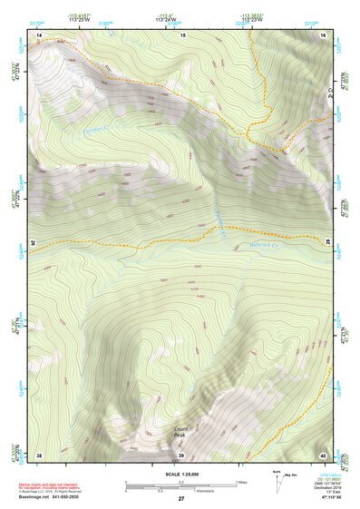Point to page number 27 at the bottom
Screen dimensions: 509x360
pos(181,499)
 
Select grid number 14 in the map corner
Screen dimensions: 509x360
pos(39,34)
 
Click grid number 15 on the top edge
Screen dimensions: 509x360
pos(181,34)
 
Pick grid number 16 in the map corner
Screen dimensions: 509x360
pos(323,34)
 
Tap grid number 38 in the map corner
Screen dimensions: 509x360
pos(39,454)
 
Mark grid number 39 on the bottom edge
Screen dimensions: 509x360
pos(180,454)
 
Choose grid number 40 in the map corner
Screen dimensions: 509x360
pos(323,454)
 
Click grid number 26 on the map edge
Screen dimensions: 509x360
pos(34,243)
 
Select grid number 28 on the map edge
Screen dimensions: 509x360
pos(327,243)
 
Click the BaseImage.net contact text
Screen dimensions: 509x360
pos(54,497)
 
